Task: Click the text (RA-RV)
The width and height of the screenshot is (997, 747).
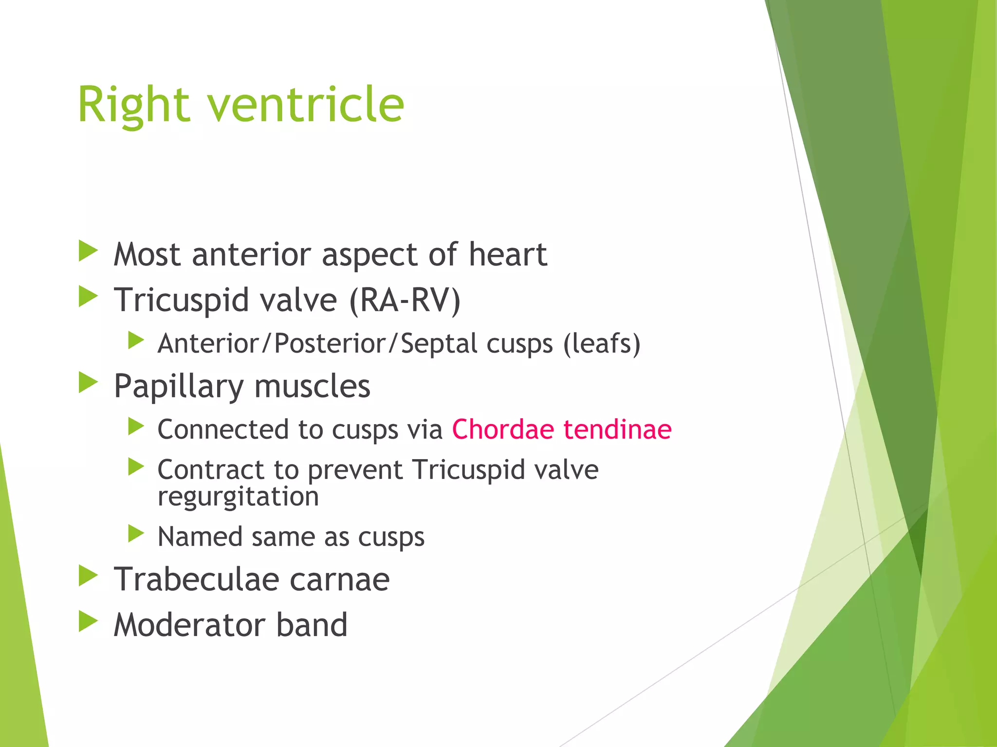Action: pyautogui.click(x=405, y=300)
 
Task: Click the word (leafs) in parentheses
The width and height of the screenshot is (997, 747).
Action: pyautogui.click(x=602, y=344)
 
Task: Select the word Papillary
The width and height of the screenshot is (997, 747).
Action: pyautogui.click(x=178, y=387)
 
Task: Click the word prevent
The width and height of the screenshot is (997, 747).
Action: pyautogui.click(x=355, y=470)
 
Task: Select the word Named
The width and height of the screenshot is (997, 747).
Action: pyautogui.click(x=200, y=537)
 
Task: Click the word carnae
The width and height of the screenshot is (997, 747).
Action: pyautogui.click(x=339, y=580)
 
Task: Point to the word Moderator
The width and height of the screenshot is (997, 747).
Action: pyautogui.click(x=189, y=625)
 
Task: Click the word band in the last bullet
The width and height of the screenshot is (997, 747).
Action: pyautogui.click(x=312, y=625)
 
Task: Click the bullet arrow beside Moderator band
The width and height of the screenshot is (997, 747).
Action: pyautogui.click(x=88, y=621)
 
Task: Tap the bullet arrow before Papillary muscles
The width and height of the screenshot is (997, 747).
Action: pyautogui.click(x=88, y=383)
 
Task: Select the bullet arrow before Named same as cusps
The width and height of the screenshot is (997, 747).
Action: pyautogui.click(x=136, y=534)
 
